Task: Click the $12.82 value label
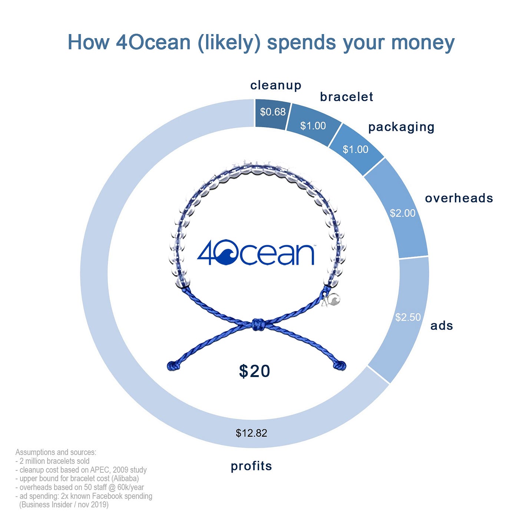pos(251,433)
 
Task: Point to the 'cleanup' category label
pos(276,85)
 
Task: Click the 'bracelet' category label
pos(346,97)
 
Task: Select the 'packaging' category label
pos(401,127)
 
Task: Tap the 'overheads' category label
pos(459,198)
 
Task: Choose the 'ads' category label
pos(442,326)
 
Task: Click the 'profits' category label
pos(251,466)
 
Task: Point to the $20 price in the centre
pos(255,371)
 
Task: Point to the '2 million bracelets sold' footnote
pos(54,461)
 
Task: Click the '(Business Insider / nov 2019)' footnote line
pos(64,505)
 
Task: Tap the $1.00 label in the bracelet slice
pos(313,126)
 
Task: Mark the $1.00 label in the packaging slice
pos(355,149)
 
